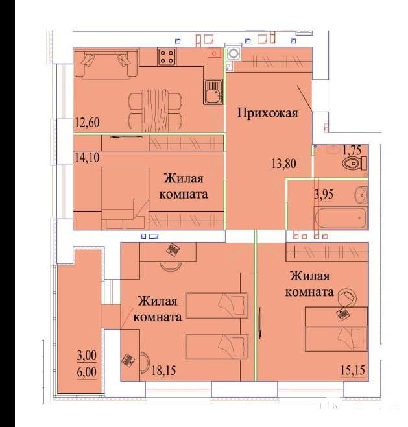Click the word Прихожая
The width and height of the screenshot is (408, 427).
pyautogui.click(x=268, y=113)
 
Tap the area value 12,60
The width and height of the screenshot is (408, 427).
pyautogui.click(x=88, y=122)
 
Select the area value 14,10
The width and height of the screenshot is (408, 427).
pyautogui.click(x=87, y=158)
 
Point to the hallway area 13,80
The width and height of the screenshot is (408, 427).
pyautogui.click(x=283, y=164)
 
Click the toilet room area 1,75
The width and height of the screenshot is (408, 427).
pyautogui.click(x=352, y=150)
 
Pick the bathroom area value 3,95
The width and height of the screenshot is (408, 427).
pyautogui.click(x=324, y=195)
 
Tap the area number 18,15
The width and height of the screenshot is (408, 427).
pyautogui.click(x=163, y=371)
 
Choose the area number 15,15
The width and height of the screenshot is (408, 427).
pyautogui.click(x=353, y=371)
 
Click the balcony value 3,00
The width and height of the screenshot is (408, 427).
pyautogui.click(x=86, y=356)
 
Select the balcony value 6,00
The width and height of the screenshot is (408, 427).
pyautogui.click(x=86, y=372)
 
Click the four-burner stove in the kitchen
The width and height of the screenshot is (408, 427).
pyautogui.click(x=167, y=56)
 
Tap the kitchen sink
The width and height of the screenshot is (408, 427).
pyautogui.click(x=213, y=91)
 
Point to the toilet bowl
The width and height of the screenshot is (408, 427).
pyautogui.click(x=355, y=164)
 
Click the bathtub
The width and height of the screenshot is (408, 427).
pyautogui.click(x=341, y=219)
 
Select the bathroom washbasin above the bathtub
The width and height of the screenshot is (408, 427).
pyautogui.click(x=361, y=195)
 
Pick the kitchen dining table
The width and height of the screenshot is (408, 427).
pyautogui.click(x=154, y=111)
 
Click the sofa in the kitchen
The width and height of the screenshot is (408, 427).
pyautogui.click(x=106, y=64)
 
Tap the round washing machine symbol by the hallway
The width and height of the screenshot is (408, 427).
pyautogui.click(x=234, y=53)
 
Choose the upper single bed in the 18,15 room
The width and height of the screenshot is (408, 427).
pyautogui.click(x=217, y=305)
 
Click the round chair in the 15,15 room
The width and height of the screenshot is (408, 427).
pyautogui.click(x=347, y=298)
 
